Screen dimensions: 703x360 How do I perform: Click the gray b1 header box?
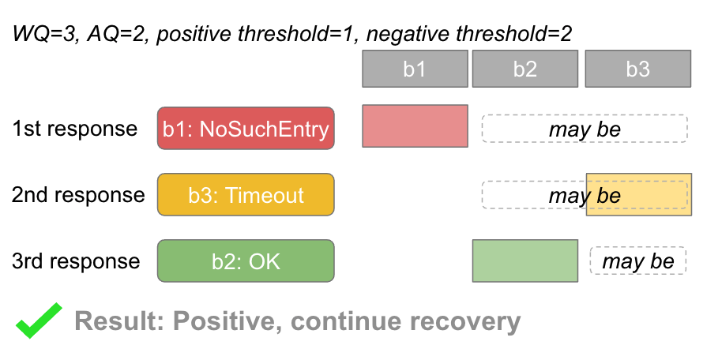[x=415, y=69]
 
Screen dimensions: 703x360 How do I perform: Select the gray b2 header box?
[x=525, y=69]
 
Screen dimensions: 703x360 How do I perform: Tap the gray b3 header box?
[x=637, y=69]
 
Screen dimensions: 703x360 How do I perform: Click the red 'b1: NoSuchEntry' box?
[x=246, y=128]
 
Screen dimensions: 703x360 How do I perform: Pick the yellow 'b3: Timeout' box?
[x=246, y=194]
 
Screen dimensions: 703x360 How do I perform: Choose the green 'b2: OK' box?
[x=246, y=261]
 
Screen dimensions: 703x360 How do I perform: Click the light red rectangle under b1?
[x=415, y=126]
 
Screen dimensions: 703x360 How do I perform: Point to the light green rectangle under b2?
[x=525, y=261]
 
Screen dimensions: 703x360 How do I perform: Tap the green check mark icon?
[x=39, y=322]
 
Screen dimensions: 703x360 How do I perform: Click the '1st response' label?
[x=74, y=129]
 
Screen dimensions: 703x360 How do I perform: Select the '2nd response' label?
[x=78, y=195]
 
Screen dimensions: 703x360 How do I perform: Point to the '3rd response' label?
[x=76, y=261]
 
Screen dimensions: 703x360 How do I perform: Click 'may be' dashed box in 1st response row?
[x=585, y=128]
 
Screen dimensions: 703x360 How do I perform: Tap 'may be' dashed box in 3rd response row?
[x=638, y=261]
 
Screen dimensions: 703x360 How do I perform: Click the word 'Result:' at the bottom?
[x=119, y=322]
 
